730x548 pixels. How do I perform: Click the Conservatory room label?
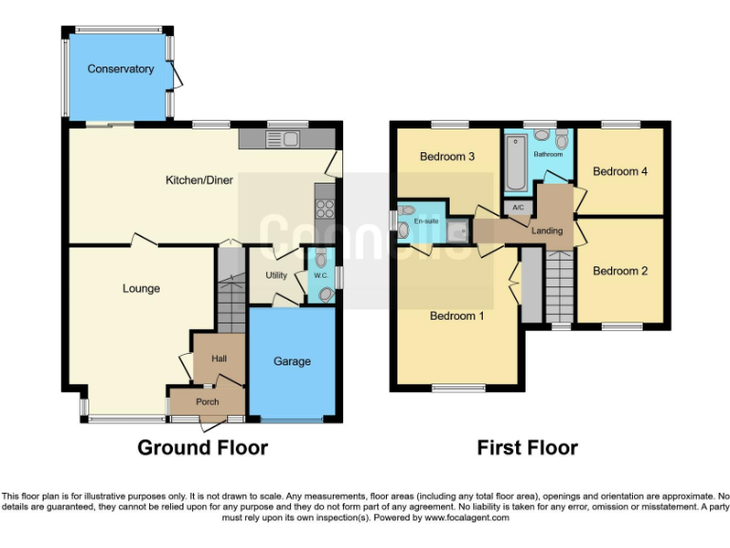coord(120,69)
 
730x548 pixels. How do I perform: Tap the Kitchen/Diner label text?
coord(200,180)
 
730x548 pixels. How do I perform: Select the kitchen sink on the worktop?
coord(283,141)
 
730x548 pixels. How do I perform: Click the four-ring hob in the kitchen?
coord(324,210)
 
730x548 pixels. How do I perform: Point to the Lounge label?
coord(141,288)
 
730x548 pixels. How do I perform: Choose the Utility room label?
coord(276,275)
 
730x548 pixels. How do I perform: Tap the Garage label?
coord(292,362)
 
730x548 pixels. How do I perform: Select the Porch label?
coord(206,402)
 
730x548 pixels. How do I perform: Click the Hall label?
coord(218,360)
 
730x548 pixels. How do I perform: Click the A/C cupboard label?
coord(518,207)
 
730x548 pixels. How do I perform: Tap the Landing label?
coord(547,231)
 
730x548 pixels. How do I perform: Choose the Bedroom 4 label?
coord(620,171)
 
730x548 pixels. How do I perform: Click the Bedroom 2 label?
coord(620,271)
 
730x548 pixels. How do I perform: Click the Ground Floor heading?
coord(202,447)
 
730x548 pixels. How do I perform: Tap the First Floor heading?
coord(527,447)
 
